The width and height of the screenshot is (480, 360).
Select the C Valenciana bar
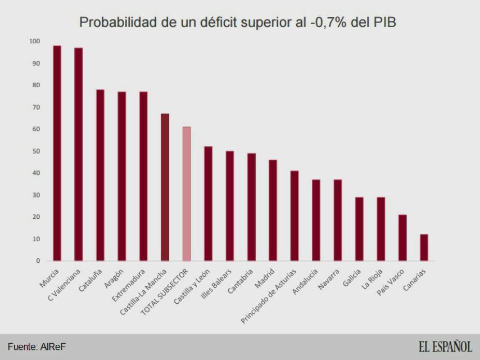pyautogui.click(x=78, y=154)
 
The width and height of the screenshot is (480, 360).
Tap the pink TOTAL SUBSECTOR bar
pyautogui.click(x=187, y=193)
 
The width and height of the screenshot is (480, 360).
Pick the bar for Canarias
pyautogui.click(x=424, y=247)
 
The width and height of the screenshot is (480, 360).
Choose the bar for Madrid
pyautogui.click(x=273, y=210)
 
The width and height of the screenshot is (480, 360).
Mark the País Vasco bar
pyautogui.click(x=402, y=237)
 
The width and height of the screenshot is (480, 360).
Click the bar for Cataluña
pyautogui.click(x=100, y=175)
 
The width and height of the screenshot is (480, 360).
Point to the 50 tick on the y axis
pyautogui.click(x=37, y=151)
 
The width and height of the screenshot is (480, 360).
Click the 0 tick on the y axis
pyautogui.click(x=38, y=261)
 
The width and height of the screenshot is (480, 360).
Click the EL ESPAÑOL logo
pyautogui.click(x=445, y=345)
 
